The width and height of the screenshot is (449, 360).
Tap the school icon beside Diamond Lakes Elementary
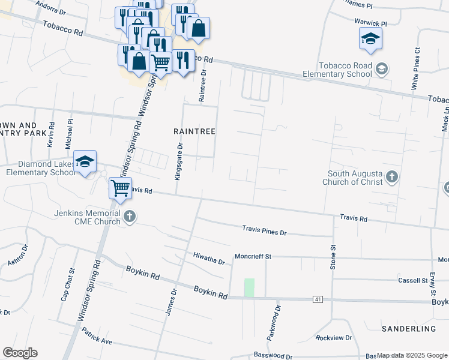tap(85, 161)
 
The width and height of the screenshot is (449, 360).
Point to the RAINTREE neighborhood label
tap(194, 130)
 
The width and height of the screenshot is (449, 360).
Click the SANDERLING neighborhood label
tap(408, 329)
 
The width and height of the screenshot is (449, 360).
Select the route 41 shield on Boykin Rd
tap(318, 299)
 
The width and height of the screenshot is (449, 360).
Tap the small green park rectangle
tap(249, 287)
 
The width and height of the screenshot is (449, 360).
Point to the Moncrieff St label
tap(253, 256)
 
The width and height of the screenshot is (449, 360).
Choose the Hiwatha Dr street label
tap(208, 259)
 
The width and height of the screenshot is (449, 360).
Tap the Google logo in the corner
tap(20, 353)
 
